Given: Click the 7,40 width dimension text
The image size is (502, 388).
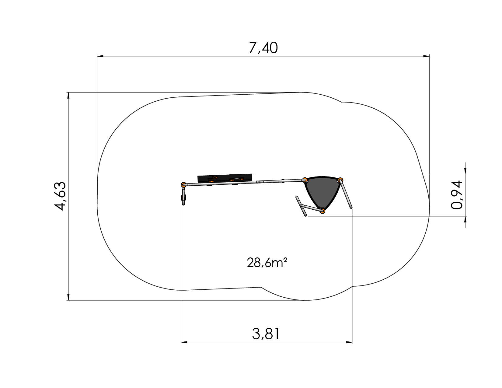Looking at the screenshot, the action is point(263,48).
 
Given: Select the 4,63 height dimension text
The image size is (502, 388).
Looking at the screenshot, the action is point(60,196).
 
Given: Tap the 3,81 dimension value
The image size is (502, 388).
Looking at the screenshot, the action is point(266,334).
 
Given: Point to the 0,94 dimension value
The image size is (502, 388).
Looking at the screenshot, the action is point(457,195).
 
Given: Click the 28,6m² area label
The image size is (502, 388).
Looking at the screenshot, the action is point(267,263).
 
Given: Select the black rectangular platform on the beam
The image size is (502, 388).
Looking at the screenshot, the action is point(225,178).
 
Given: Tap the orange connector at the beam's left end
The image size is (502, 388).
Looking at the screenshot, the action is point(183,184).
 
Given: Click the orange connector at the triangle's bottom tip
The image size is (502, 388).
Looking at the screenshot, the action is point(322,210).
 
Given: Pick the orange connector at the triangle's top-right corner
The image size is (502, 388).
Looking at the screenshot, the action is point(340,180).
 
